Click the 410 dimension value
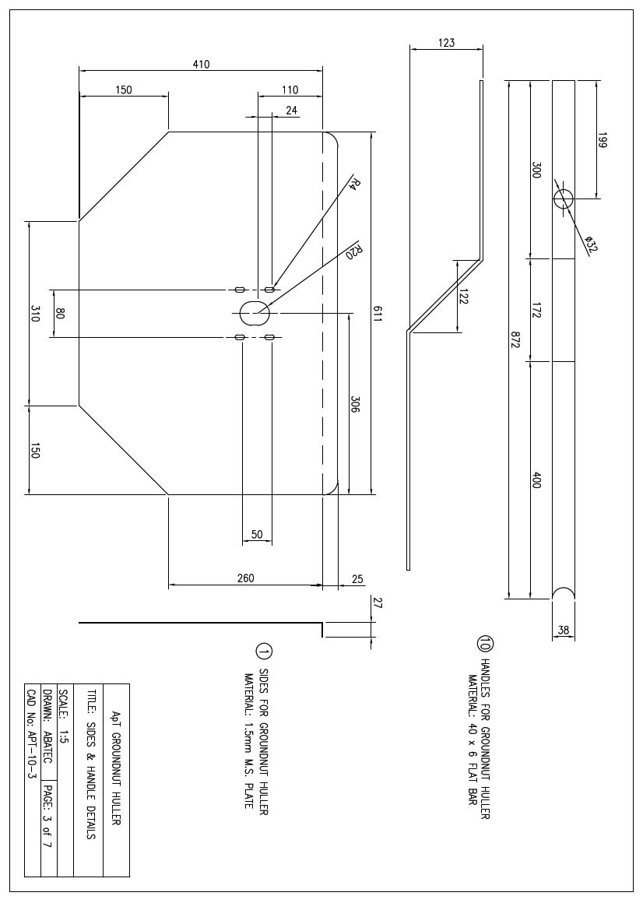tap(201, 65)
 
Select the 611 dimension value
tap(378, 314)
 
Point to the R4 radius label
tap(354, 184)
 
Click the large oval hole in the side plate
tap(254, 313)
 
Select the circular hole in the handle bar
tap(563, 198)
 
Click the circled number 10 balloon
tap(486, 644)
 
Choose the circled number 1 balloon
tap(263, 652)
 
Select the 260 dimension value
tap(245, 578)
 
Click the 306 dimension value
tap(355, 404)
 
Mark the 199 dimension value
tap(603, 140)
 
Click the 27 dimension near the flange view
tap(379, 602)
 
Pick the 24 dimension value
tap(291, 111)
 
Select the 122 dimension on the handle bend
tap(465, 297)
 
